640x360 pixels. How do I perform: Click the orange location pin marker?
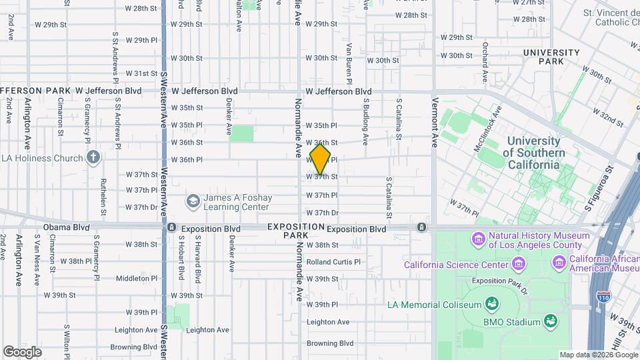320,159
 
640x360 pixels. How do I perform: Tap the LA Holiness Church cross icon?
94,158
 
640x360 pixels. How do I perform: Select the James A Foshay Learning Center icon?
193,201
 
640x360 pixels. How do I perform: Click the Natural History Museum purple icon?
478,239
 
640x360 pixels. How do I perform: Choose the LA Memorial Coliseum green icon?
492,305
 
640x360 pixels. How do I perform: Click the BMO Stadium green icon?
551,322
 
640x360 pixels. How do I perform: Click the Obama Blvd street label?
66,227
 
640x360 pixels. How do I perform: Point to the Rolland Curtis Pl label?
333,262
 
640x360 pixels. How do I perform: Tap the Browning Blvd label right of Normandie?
330,343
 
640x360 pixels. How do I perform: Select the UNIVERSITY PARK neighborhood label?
551,57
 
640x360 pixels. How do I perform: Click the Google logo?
23,351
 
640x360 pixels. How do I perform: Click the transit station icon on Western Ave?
171,228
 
